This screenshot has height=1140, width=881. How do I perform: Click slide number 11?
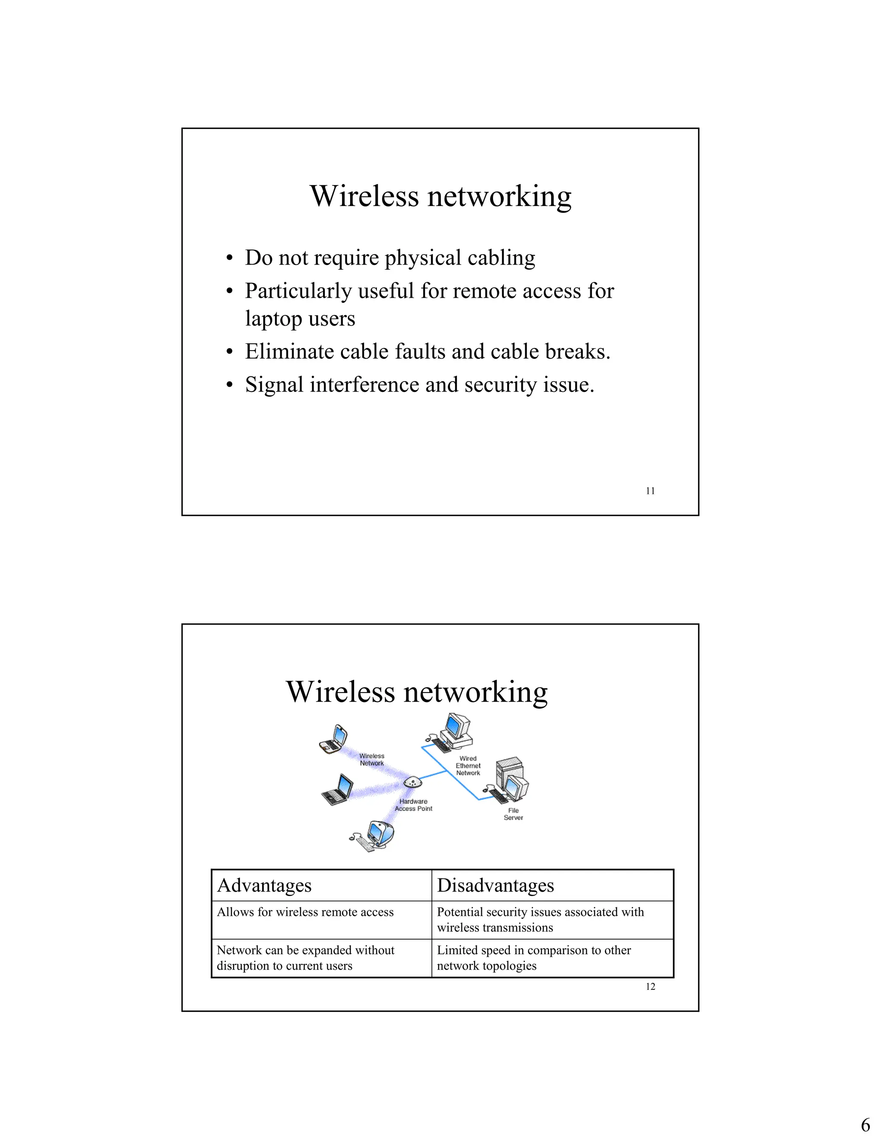pyautogui.click(x=650, y=491)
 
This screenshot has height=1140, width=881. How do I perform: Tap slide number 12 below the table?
pyautogui.click(x=650, y=986)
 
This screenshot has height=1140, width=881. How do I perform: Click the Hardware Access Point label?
pyautogui.click(x=413, y=805)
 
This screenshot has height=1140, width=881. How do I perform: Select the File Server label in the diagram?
pyautogui.click(x=513, y=814)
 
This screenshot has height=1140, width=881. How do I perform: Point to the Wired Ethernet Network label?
pyautogui.click(x=468, y=766)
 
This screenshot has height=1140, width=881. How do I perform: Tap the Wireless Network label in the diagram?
pyautogui.click(x=372, y=759)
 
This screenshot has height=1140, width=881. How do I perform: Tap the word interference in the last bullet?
pyautogui.click(x=364, y=385)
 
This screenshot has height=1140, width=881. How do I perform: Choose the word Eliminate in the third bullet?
pyautogui.click(x=289, y=352)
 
